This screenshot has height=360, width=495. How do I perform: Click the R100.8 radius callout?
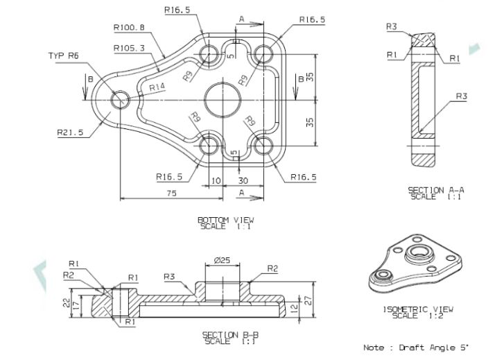click(x=129, y=28)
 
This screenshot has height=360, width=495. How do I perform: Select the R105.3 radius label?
click(x=129, y=49)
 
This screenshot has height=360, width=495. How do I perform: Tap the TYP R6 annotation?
click(x=64, y=56)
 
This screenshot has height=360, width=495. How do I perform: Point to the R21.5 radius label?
click(x=70, y=132)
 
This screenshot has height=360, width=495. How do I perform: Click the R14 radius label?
click(x=157, y=87)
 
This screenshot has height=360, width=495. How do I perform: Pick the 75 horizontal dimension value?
click(x=172, y=193)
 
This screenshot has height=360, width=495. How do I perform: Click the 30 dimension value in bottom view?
click(x=243, y=180)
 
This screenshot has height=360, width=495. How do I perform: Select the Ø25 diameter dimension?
click(x=223, y=260)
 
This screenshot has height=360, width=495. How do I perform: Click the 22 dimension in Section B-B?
click(x=67, y=303)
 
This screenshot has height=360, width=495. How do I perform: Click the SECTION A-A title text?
click(x=436, y=191)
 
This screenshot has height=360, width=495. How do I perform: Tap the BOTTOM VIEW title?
click(x=226, y=220)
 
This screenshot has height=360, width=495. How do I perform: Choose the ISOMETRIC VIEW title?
click(x=418, y=309)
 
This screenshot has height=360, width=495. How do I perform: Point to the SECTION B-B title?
click(x=230, y=335)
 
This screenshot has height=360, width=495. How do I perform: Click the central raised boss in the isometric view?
click(x=419, y=253)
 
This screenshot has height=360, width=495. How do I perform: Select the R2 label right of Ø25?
click(x=272, y=268)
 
